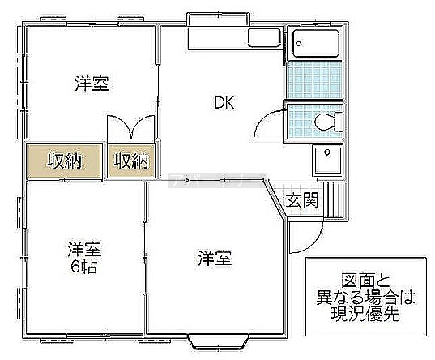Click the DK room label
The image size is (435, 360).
point(224,102)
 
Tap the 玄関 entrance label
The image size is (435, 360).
point(302,199)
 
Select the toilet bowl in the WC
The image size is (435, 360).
point(324,122)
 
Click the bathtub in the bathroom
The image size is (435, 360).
point(316,43)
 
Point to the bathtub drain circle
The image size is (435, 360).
point(299,43)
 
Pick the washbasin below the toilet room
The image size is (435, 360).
point(327,161)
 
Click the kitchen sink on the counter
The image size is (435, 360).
point(264,37)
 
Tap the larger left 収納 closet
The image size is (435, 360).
point(64,161)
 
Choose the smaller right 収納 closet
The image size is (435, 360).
point(131,161)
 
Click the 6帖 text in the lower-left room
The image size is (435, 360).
point(83,268)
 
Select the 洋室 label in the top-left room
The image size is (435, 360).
point(92,83)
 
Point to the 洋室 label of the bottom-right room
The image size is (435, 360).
point(215,258)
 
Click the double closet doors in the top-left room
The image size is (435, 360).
point(130,127)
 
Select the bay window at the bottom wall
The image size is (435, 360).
point(218,342)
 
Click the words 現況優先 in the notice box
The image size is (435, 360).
point(365,314)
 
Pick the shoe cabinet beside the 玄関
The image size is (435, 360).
point(334,199)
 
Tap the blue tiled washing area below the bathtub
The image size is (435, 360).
point(314,80)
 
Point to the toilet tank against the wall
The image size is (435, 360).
point(339,122)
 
